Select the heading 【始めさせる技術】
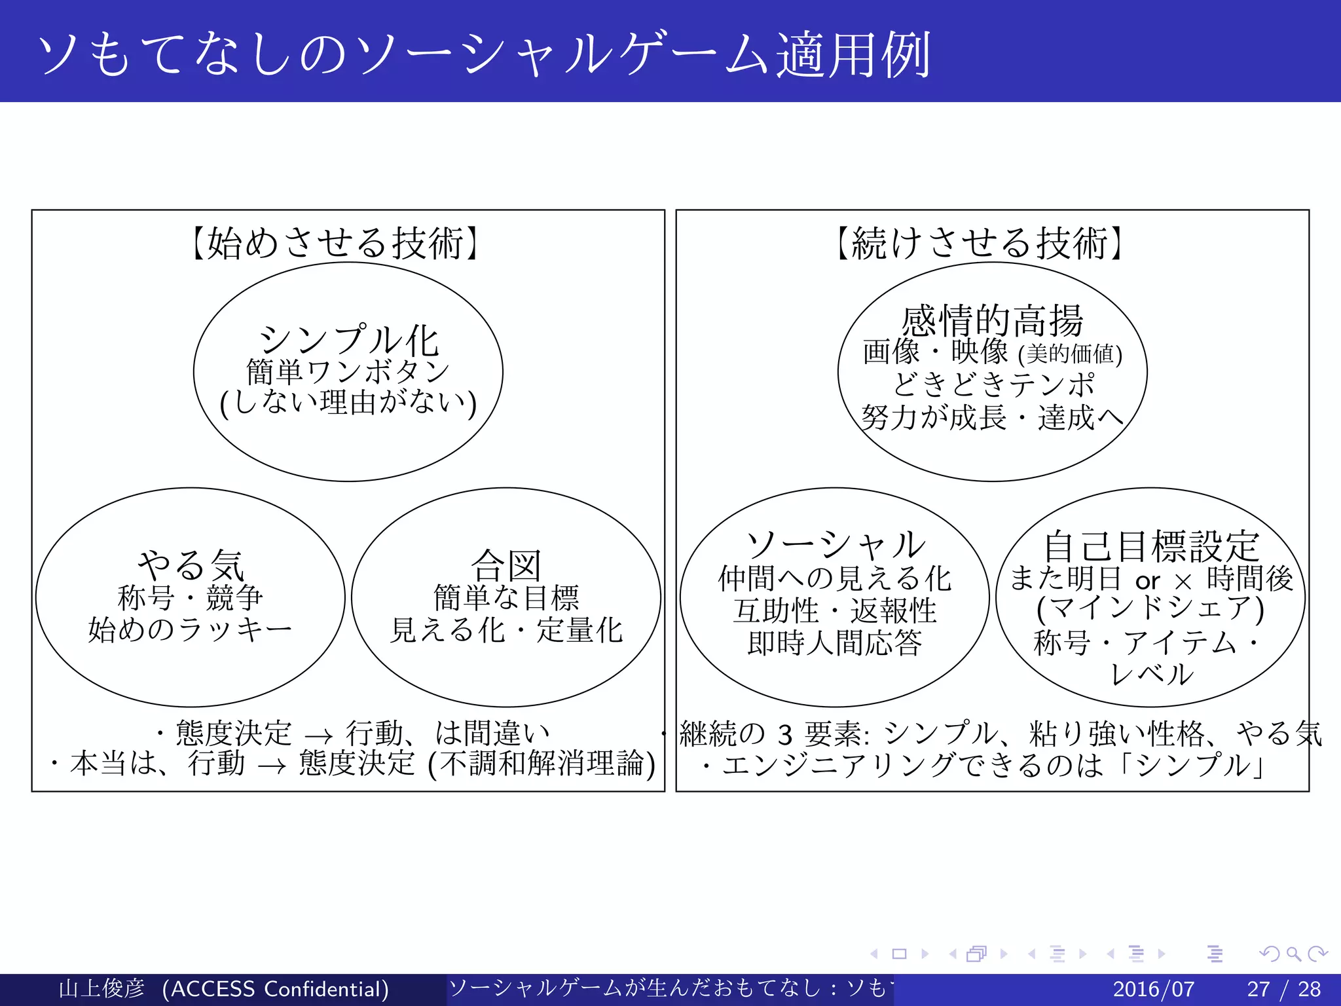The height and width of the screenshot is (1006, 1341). pyautogui.click(x=335, y=244)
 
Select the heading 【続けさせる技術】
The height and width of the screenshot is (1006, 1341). pyautogui.click(x=979, y=244)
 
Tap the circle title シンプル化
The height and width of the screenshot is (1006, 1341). pyautogui.click(x=348, y=340)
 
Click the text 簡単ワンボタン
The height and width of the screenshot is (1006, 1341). pyautogui.click(x=348, y=372)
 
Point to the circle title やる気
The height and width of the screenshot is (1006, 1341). pyautogui.click(x=191, y=565)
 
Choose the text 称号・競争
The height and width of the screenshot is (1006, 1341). pyautogui.click(x=190, y=597)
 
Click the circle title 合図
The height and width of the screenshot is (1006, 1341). pyautogui.click(x=506, y=565)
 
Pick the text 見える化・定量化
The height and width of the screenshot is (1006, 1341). pyautogui.click(x=506, y=630)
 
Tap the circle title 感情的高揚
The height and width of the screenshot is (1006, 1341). pyautogui.click(x=992, y=321)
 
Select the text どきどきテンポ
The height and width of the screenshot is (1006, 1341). pyautogui.click(x=993, y=384)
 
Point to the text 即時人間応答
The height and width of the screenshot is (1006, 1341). pyautogui.click(x=834, y=643)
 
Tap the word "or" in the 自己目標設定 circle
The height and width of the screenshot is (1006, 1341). pyautogui.click(x=1147, y=581)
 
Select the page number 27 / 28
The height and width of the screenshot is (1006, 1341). pyautogui.click(x=1283, y=988)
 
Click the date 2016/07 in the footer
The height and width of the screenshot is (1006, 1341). pyautogui.click(x=1153, y=988)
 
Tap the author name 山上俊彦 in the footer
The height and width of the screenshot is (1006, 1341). pyautogui.click(x=101, y=988)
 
